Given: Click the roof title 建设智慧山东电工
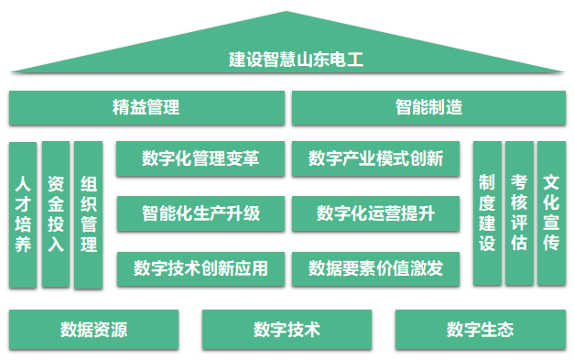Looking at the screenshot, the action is coord(296,60).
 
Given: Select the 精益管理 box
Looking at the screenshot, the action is coord(146,108).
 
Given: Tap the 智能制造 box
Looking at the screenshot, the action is coord(428,108).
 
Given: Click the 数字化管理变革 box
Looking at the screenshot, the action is coord(200,158).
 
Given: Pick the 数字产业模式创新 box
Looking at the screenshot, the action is coord(375,158).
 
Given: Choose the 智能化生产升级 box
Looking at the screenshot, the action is coord(200,213).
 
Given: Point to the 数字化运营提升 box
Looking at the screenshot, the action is coord(375,213).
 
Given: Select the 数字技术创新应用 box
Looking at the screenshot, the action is coord(200,268).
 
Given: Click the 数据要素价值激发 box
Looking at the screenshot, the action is coord(375,268).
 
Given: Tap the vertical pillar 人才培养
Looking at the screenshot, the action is coord(23,214).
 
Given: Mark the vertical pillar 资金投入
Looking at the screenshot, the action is coord(56,214).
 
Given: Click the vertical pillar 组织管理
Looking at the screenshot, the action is coord(88,215).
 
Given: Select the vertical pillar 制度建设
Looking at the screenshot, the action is coord(487,213).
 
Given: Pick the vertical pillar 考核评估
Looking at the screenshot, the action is coord(519,213).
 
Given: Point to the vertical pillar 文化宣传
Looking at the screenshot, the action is coord(551,213).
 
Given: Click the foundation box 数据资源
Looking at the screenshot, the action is coord(93,330).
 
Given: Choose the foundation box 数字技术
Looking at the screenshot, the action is coord(287,330).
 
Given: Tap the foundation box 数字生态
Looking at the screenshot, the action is coord(481,330).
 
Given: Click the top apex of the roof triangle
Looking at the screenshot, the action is coord(287,11).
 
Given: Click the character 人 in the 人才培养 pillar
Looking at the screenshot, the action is coord(23,184).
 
